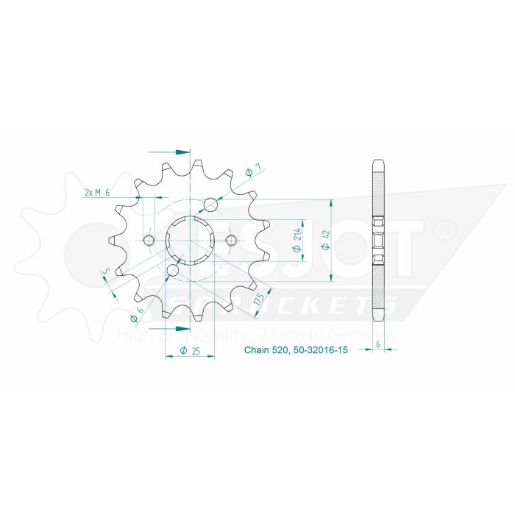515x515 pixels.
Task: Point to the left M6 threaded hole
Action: pos(149,240)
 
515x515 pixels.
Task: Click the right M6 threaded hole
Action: pos(231,240)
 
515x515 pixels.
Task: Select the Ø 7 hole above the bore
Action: pos(211,204)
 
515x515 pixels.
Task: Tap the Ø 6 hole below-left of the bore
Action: pos(172,271)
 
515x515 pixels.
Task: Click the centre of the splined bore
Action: pos(190,240)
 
